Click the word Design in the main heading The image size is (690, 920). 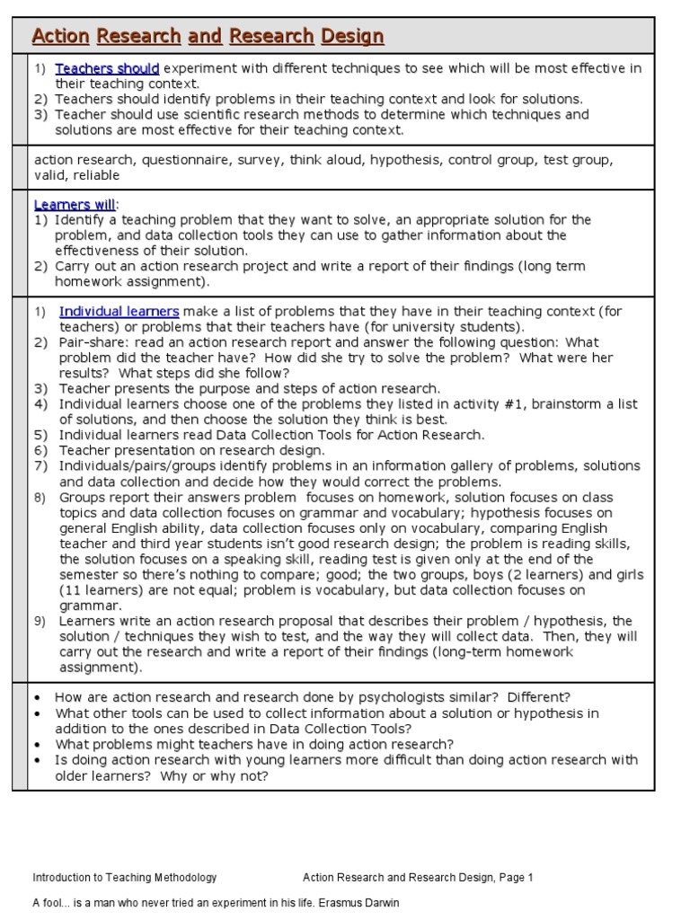pos(353,37)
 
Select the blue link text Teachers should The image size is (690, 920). pos(107,68)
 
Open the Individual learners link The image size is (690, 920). pos(119,312)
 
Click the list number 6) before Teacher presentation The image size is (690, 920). pos(40,450)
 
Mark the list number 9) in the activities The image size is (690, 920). pos(40,621)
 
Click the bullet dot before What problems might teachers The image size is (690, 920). pos(37,745)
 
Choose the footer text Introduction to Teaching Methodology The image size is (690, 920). pos(124,878)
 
